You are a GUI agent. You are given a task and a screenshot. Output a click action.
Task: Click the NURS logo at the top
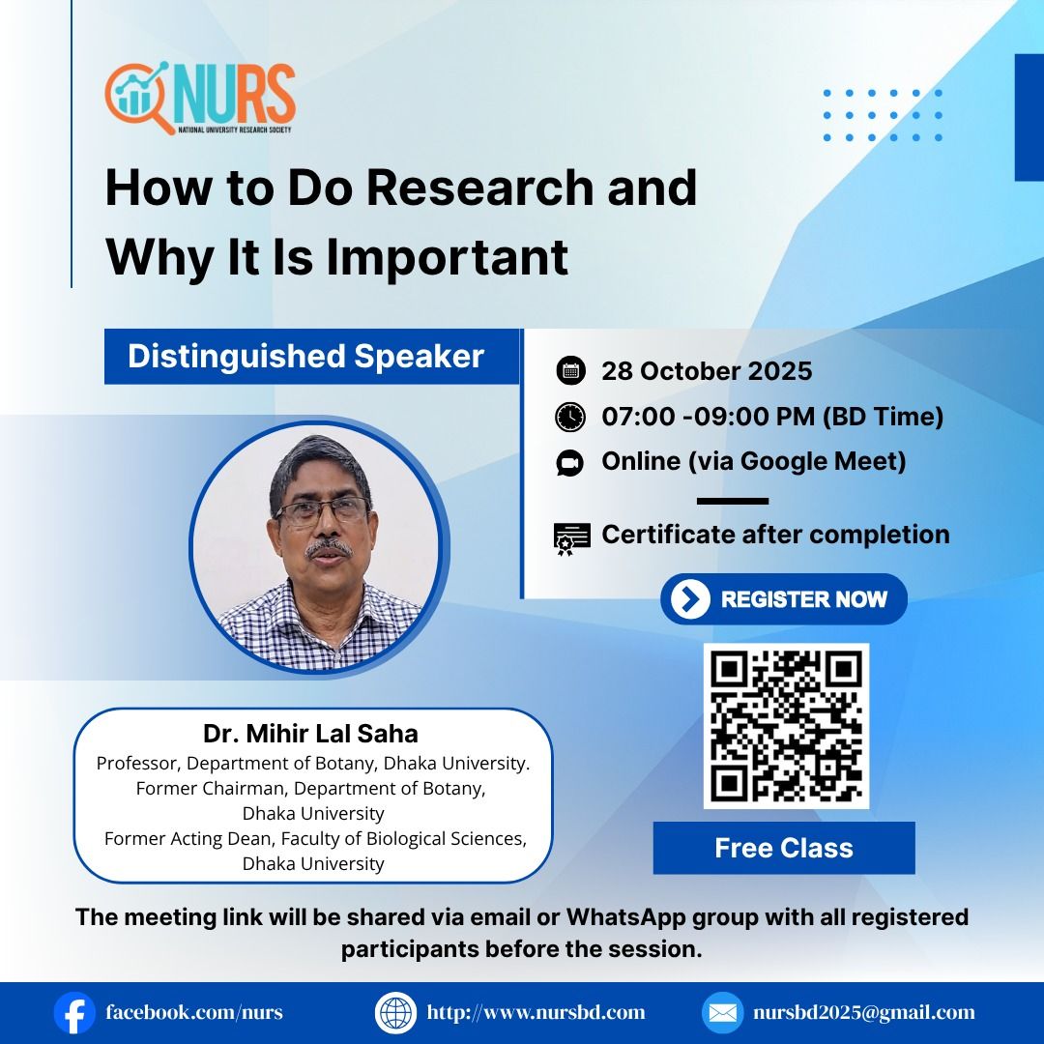pos(200,99)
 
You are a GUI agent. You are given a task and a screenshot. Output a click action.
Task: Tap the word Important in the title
pos(447,258)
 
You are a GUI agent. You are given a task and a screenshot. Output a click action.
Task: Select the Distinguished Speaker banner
pos(311,356)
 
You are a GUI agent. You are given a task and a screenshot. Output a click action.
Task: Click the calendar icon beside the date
pos(570,371)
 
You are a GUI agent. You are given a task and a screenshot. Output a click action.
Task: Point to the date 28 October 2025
pos(707,371)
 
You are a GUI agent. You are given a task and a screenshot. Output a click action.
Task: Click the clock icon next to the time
pos(570,417)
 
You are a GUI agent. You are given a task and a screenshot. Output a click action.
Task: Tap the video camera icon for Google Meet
pos(570,463)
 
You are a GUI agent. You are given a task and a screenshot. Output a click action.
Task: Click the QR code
pos(786,726)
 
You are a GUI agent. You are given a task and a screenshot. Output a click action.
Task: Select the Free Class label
pos(784,848)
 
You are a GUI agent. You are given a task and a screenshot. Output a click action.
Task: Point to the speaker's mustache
pos(329,549)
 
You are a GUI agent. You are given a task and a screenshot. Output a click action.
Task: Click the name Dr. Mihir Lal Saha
pos(311,733)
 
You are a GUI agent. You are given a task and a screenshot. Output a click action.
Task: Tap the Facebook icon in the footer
pos(74,1013)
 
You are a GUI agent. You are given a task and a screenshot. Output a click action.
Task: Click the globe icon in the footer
pos(395,1013)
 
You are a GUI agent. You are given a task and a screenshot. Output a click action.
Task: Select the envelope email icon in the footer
pos(722,1013)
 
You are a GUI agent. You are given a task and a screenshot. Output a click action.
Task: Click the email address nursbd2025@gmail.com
pos(863,1013)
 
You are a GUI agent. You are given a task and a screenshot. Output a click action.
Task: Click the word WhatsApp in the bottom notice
pos(625,916)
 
